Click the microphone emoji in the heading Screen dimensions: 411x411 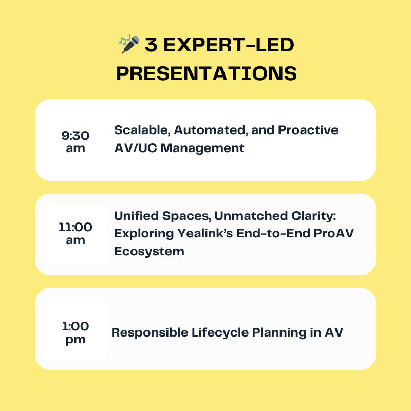click(129, 44)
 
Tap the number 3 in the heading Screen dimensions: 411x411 click(151, 45)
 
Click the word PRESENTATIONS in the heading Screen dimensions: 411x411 click(207, 73)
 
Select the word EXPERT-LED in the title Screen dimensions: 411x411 click(229, 45)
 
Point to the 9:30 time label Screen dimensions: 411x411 click(76, 136)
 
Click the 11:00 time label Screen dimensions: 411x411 click(76, 227)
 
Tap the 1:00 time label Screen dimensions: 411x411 click(76, 326)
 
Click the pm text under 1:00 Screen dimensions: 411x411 click(76, 340)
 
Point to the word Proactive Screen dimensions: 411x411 click(308, 130)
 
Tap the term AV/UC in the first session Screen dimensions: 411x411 click(136, 148)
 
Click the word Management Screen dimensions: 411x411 click(202, 148)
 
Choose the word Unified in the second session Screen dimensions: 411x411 click(136, 216)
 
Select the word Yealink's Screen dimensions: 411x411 click(205, 233)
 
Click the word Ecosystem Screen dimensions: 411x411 click(149, 251)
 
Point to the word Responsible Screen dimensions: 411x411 click(150, 332)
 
